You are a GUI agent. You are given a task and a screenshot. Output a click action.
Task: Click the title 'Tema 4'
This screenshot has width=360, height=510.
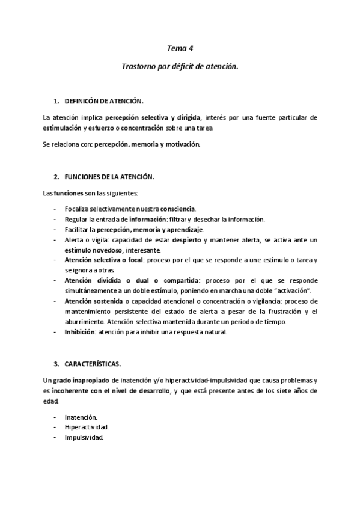(x=180, y=48)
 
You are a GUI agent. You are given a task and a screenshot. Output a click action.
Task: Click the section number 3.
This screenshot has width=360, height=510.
(x=56, y=364)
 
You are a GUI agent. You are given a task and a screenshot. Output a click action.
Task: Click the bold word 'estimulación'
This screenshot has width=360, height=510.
(x=63, y=127)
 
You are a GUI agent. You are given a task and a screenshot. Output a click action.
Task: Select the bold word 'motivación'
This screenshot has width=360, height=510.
(x=180, y=144)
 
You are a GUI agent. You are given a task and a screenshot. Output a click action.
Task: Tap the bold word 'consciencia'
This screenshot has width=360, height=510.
(x=173, y=209)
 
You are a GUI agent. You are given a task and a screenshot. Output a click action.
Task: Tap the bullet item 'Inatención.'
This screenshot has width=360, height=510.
(x=81, y=417)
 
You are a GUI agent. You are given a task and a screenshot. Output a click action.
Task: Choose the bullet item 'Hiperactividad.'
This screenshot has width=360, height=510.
(x=87, y=427)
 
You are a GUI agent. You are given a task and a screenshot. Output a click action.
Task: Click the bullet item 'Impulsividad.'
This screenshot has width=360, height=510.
(x=85, y=437)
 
